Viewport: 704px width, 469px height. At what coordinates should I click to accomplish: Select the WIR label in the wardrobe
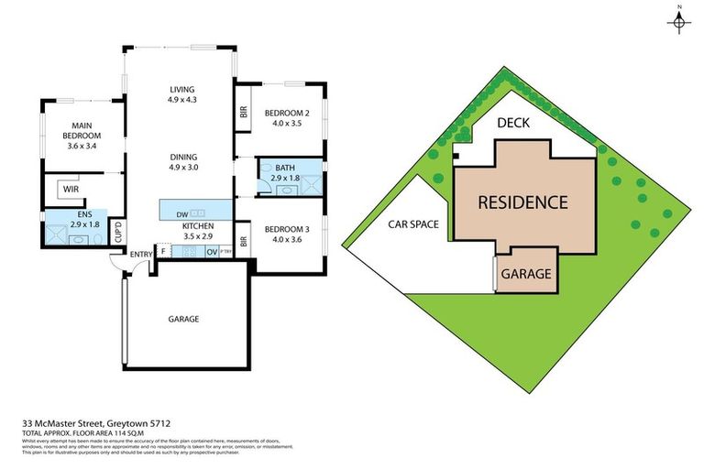(67, 191)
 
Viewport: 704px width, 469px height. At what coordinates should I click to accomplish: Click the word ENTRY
(141, 254)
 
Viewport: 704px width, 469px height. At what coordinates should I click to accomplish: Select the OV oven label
(211, 251)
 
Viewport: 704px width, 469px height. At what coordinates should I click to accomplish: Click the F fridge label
(163, 251)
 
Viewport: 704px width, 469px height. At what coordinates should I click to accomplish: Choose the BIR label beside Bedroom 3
(244, 243)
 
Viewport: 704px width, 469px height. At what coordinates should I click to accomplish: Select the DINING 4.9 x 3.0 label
(182, 161)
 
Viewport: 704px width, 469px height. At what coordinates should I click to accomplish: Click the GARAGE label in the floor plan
(183, 319)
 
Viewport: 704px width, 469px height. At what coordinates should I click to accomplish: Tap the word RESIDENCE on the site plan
(521, 202)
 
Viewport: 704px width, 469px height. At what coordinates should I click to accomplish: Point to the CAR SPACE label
(413, 224)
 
